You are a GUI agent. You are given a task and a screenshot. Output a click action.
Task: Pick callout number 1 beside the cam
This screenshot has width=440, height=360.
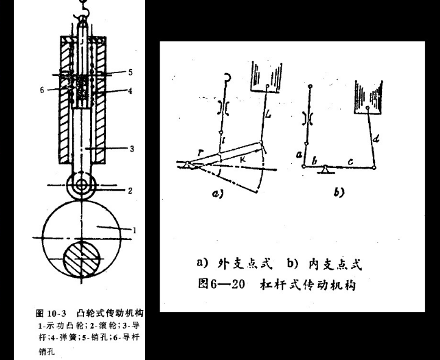(x=133, y=230)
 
